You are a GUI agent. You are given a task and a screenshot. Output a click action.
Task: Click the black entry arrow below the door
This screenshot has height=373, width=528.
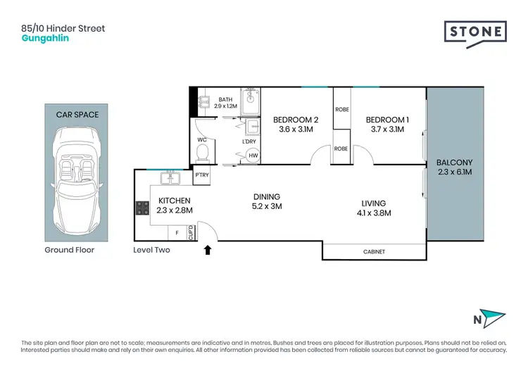point(207,248)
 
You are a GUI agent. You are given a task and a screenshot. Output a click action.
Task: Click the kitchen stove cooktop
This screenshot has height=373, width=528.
point(142,208)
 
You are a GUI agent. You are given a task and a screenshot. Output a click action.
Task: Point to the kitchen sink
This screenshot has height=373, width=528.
point(168,176)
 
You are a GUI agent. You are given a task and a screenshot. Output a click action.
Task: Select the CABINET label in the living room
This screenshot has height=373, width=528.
point(374,251)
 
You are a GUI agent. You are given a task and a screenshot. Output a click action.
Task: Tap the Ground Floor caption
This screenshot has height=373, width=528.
point(69,250)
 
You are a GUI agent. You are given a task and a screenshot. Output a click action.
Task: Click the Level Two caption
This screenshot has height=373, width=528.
point(151,250)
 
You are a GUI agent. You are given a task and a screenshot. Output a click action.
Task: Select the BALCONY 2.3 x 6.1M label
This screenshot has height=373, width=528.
point(454,166)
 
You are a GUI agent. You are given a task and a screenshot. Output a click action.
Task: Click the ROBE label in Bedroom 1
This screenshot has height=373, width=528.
point(342,149)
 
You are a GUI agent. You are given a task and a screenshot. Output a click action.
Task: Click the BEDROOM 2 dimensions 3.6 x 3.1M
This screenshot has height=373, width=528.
point(292,129)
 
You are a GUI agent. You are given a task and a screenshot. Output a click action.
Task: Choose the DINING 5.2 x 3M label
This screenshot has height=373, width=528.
point(267,202)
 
